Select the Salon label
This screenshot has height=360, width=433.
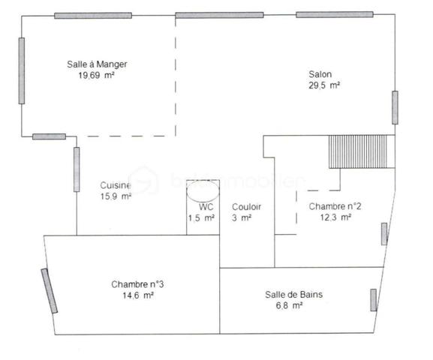coord(320,74)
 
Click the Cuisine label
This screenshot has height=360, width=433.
coord(116,186)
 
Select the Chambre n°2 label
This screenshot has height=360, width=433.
coord(335,207)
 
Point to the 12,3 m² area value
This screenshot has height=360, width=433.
coord(335,217)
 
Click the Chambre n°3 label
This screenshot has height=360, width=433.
coord(137,284)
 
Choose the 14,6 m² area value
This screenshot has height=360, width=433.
coord(137,295)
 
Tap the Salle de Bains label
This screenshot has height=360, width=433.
coord(294,295)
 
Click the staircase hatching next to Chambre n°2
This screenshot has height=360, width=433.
coord(360,152)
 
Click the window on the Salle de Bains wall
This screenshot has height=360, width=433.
coord(373,299)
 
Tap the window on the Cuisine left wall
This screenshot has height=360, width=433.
coord(77,169)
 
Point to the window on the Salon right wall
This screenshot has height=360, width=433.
coord(395,107)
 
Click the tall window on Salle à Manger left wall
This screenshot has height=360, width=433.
coord(23,71)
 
